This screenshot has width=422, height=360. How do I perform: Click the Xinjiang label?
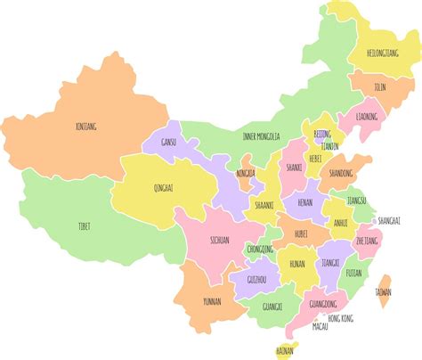coord(86,127)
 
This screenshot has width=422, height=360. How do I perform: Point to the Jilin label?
coord(380,87)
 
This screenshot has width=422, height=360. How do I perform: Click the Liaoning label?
coord(366,117)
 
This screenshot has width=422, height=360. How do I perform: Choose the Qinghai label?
coord(164,188)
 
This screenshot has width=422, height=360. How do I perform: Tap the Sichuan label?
coord(219,240)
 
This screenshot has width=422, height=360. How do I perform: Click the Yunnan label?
coord(213,300)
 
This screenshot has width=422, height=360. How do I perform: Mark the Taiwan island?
coord(383,291)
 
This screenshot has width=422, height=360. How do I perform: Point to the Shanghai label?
coord(389,220)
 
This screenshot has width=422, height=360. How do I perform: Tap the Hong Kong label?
coord(340,318)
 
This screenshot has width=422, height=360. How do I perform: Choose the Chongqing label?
coord(260,250)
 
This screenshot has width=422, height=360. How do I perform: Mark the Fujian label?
coord(353,273)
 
